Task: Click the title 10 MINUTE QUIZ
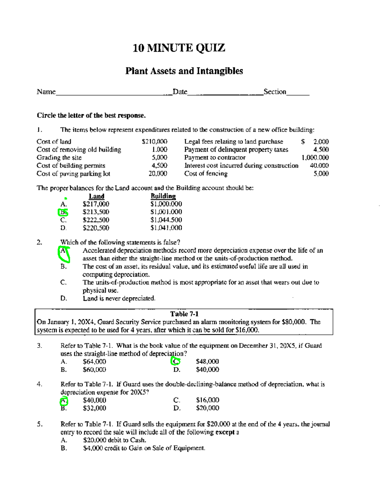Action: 179,48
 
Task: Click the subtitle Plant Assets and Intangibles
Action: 184,71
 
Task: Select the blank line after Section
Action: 298,93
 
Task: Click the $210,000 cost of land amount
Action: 154,142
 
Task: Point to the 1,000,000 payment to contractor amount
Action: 315,158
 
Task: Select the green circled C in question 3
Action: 175,361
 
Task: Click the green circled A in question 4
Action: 64,400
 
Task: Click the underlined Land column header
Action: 96,196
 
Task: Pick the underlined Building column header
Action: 163,196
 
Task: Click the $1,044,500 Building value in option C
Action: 166,220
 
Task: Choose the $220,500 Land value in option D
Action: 96,228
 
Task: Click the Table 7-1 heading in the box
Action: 184,314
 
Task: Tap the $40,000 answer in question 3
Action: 207,370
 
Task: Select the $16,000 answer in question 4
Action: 207,400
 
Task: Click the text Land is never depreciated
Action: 119,298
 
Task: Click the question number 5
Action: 39,424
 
